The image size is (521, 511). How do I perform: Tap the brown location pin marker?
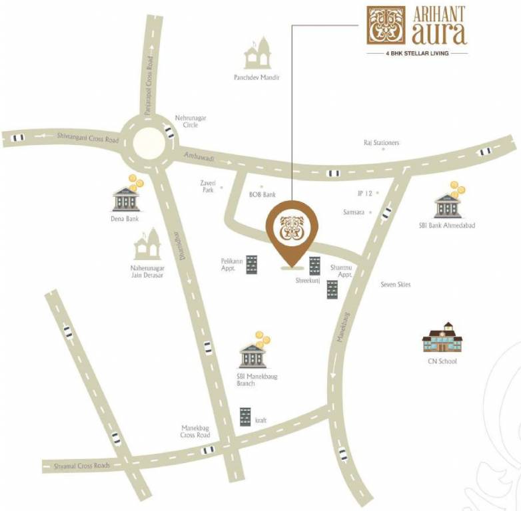point(292,228)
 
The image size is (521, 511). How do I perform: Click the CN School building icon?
point(442,339)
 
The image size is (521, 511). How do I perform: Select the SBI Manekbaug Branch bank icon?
point(253,355)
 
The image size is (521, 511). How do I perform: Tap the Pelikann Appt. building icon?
point(252,264)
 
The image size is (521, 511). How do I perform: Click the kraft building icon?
point(245,417)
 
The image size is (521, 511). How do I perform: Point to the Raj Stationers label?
point(381,142)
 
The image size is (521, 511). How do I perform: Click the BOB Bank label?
point(261,195)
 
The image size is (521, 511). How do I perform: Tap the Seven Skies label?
point(395,285)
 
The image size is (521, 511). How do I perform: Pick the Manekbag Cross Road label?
point(195,431)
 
